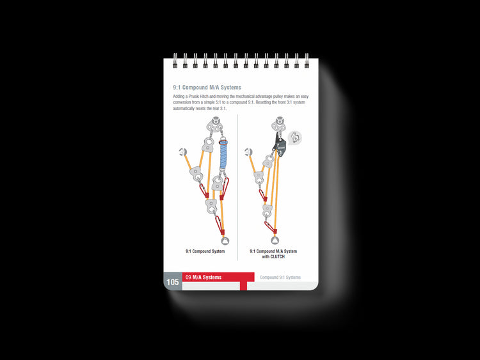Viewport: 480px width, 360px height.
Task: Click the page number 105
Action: point(173,282)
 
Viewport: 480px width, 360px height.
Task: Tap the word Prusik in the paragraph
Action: point(194,97)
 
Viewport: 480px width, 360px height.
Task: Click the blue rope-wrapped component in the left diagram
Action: point(224,155)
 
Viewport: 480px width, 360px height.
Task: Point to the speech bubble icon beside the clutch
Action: point(295,137)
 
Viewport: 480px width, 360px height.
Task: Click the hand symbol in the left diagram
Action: point(183,152)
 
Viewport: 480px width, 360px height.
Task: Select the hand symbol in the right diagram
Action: point(248,152)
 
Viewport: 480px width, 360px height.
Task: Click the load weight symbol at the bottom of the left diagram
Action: point(225,241)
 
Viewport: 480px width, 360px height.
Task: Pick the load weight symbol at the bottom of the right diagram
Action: point(275,240)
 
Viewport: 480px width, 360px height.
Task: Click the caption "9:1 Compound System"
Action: point(205,251)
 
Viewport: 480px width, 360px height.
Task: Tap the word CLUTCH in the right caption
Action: point(278,257)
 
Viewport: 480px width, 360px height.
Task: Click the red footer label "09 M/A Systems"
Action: point(204,278)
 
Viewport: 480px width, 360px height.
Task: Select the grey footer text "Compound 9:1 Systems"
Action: point(280,278)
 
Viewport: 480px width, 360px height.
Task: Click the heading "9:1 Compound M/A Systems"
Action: point(207,88)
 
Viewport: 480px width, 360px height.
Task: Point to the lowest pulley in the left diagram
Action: point(212,206)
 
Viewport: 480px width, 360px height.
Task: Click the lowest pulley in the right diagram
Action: point(268,210)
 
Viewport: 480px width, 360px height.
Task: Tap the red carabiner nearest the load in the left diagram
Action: point(219,225)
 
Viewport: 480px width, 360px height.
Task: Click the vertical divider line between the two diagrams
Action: point(237,187)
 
